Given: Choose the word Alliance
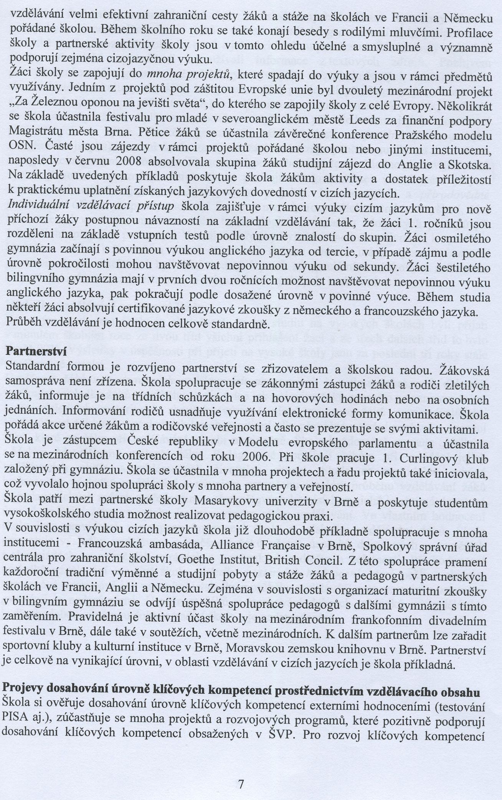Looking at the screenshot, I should tap(203, 546).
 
